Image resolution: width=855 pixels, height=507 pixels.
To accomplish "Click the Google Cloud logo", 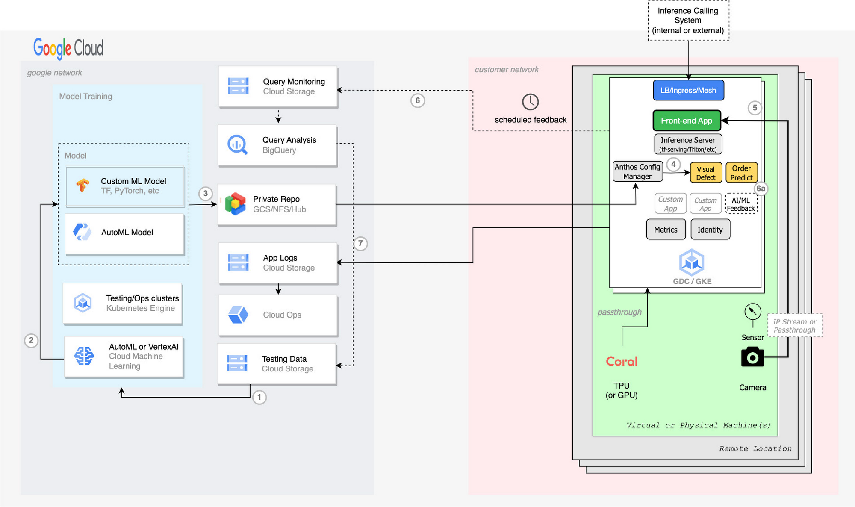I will pos(68,48).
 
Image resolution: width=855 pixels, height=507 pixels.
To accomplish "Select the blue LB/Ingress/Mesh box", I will pos(688,90).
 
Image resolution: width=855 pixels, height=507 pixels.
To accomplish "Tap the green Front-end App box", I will pos(687,121).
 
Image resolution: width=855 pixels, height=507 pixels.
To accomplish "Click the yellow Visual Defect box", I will pos(706,173).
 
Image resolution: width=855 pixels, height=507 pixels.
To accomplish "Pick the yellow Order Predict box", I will pos(741,173).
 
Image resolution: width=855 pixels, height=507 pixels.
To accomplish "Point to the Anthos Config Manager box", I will pos(637,171).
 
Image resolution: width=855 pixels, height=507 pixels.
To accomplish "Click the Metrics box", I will pos(666,230).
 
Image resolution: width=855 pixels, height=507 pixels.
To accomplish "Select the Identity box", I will pos(710,230).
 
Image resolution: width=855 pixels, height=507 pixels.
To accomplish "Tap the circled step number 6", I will pos(418,100).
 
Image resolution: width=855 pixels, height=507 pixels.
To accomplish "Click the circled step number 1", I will pos(259,397).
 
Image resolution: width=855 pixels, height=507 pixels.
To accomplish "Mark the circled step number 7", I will pos(360,244).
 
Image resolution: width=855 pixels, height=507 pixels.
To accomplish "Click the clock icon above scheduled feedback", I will pos(531,102).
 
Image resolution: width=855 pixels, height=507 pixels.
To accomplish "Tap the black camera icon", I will pos(752,357).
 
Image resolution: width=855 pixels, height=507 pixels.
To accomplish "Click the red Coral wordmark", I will pos(622,361).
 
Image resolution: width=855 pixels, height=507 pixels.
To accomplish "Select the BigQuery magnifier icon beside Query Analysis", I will pos(237,144).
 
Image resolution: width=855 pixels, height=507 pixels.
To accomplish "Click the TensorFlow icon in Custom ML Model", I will pos(83,185).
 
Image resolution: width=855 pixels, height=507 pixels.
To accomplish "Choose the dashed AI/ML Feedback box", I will pos(741,204).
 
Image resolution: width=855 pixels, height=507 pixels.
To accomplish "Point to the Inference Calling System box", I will pos(688,21).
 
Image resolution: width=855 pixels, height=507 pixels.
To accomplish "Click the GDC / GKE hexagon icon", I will pos(692,262).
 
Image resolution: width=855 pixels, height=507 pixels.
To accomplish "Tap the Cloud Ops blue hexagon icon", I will pos(238,315).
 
